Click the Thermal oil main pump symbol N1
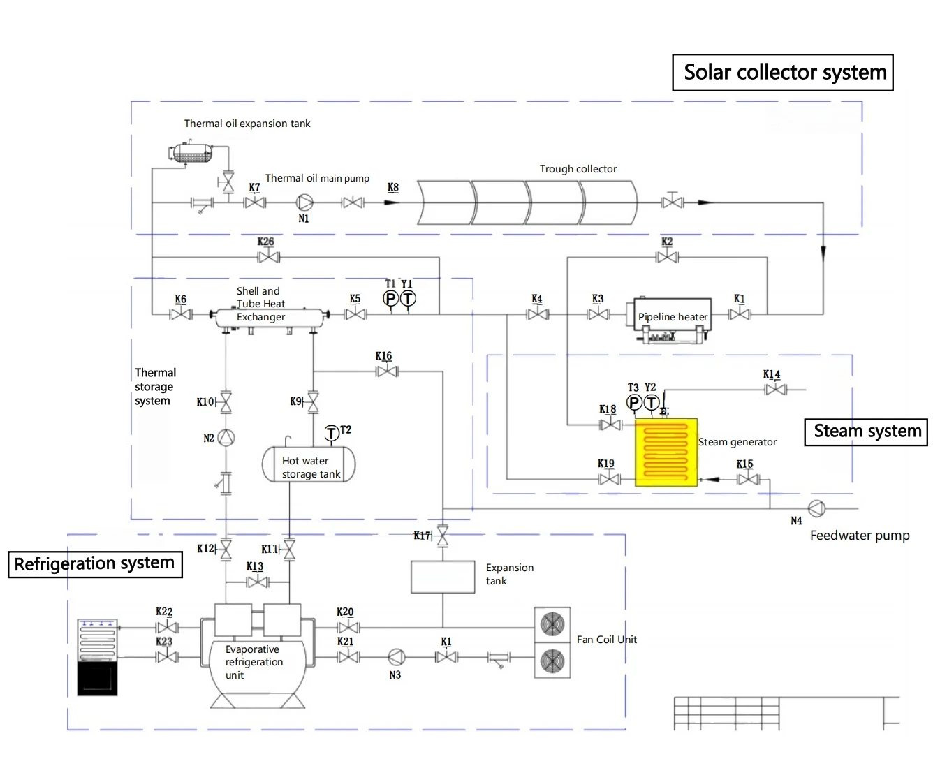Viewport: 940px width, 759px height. [304, 202]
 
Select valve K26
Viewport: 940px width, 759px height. [268, 257]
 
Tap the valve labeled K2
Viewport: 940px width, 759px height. [667, 257]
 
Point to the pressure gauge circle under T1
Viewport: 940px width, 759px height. [390, 299]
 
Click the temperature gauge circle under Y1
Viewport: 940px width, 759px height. [408, 299]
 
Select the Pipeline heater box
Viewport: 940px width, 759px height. [672, 314]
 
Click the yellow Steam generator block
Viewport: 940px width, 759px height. [666, 452]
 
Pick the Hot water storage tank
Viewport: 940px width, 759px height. [309, 464]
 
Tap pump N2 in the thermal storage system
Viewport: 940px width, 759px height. [226, 437]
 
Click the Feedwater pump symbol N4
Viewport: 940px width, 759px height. [817, 508]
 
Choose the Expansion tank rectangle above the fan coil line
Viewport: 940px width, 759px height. [443, 577]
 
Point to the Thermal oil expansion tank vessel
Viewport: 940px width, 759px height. [192, 153]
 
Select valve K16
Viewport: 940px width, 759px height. [387, 371]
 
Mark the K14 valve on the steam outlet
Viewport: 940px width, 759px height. [775, 390]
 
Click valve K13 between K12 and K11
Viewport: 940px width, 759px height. [257, 582]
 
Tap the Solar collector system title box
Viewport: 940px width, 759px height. [782, 73]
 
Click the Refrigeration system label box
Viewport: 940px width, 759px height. [95, 564]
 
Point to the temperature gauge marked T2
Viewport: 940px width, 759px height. [332, 433]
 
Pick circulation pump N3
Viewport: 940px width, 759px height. [396, 657]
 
